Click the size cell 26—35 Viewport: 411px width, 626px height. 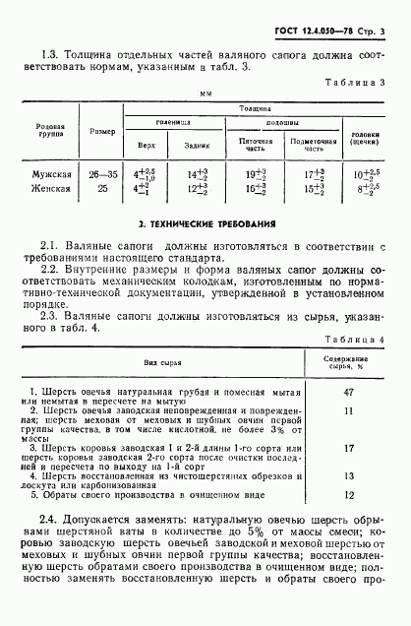click(x=105, y=173)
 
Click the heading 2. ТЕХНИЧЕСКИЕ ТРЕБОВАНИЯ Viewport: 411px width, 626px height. click(x=204, y=224)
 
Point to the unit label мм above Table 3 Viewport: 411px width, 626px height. click(x=205, y=95)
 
